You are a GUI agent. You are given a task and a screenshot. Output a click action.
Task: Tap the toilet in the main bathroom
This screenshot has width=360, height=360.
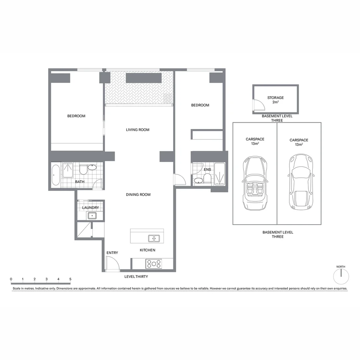(x=83, y=170)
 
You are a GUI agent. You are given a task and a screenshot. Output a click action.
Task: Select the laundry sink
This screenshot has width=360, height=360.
(x=92, y=216)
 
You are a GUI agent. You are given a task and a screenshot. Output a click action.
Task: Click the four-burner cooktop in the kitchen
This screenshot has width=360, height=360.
(x=154, y=264)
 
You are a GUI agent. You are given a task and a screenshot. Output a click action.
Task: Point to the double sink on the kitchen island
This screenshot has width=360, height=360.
(x=154, y=238)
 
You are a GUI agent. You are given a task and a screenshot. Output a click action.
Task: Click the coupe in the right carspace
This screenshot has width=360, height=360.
(x=301, y=182)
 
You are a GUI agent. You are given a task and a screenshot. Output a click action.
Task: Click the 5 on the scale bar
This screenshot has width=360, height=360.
(x=70, y=279)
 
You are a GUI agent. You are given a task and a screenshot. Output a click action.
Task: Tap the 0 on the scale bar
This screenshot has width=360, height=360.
(x=11, y=279)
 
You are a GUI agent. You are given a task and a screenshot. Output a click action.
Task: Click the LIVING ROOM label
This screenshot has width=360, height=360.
(x=137, y=130)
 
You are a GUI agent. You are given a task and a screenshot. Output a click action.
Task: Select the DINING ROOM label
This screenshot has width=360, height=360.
(x=138, y=194)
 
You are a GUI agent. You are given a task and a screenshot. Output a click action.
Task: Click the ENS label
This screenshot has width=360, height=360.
(x=207, y=170)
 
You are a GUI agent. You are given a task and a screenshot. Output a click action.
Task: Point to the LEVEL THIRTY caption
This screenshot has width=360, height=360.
(x=136, y=277)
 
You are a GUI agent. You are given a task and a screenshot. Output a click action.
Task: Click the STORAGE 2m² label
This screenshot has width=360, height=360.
(x=275, y=100)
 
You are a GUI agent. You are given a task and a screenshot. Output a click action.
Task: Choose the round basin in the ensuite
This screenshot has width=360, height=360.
(x=198, y=181)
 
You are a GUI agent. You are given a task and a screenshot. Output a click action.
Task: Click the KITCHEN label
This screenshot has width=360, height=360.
(x=147, y=250)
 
